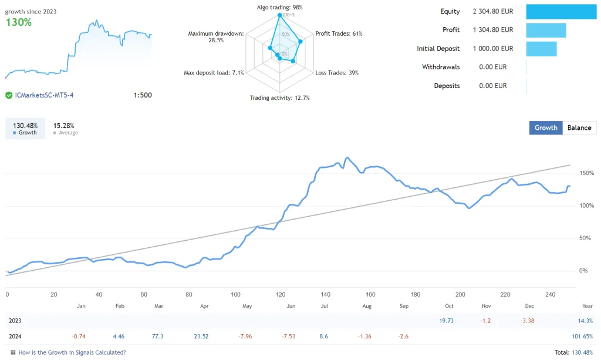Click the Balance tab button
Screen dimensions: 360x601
click(579, 128)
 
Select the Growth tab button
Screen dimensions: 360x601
click(546, 128)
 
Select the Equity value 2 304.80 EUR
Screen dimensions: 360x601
click(492, 11)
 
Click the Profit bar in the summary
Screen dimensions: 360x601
click(546, 30)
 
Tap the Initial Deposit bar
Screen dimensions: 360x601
click(541, 49)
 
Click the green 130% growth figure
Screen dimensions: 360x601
click(19, 22)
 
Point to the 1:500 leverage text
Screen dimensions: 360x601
click(142, 95)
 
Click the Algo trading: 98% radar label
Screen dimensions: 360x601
click(280, 7)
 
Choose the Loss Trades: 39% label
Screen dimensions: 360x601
click(337, 73)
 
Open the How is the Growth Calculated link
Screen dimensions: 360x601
click(72, 352)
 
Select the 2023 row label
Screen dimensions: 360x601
click(16, 321)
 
